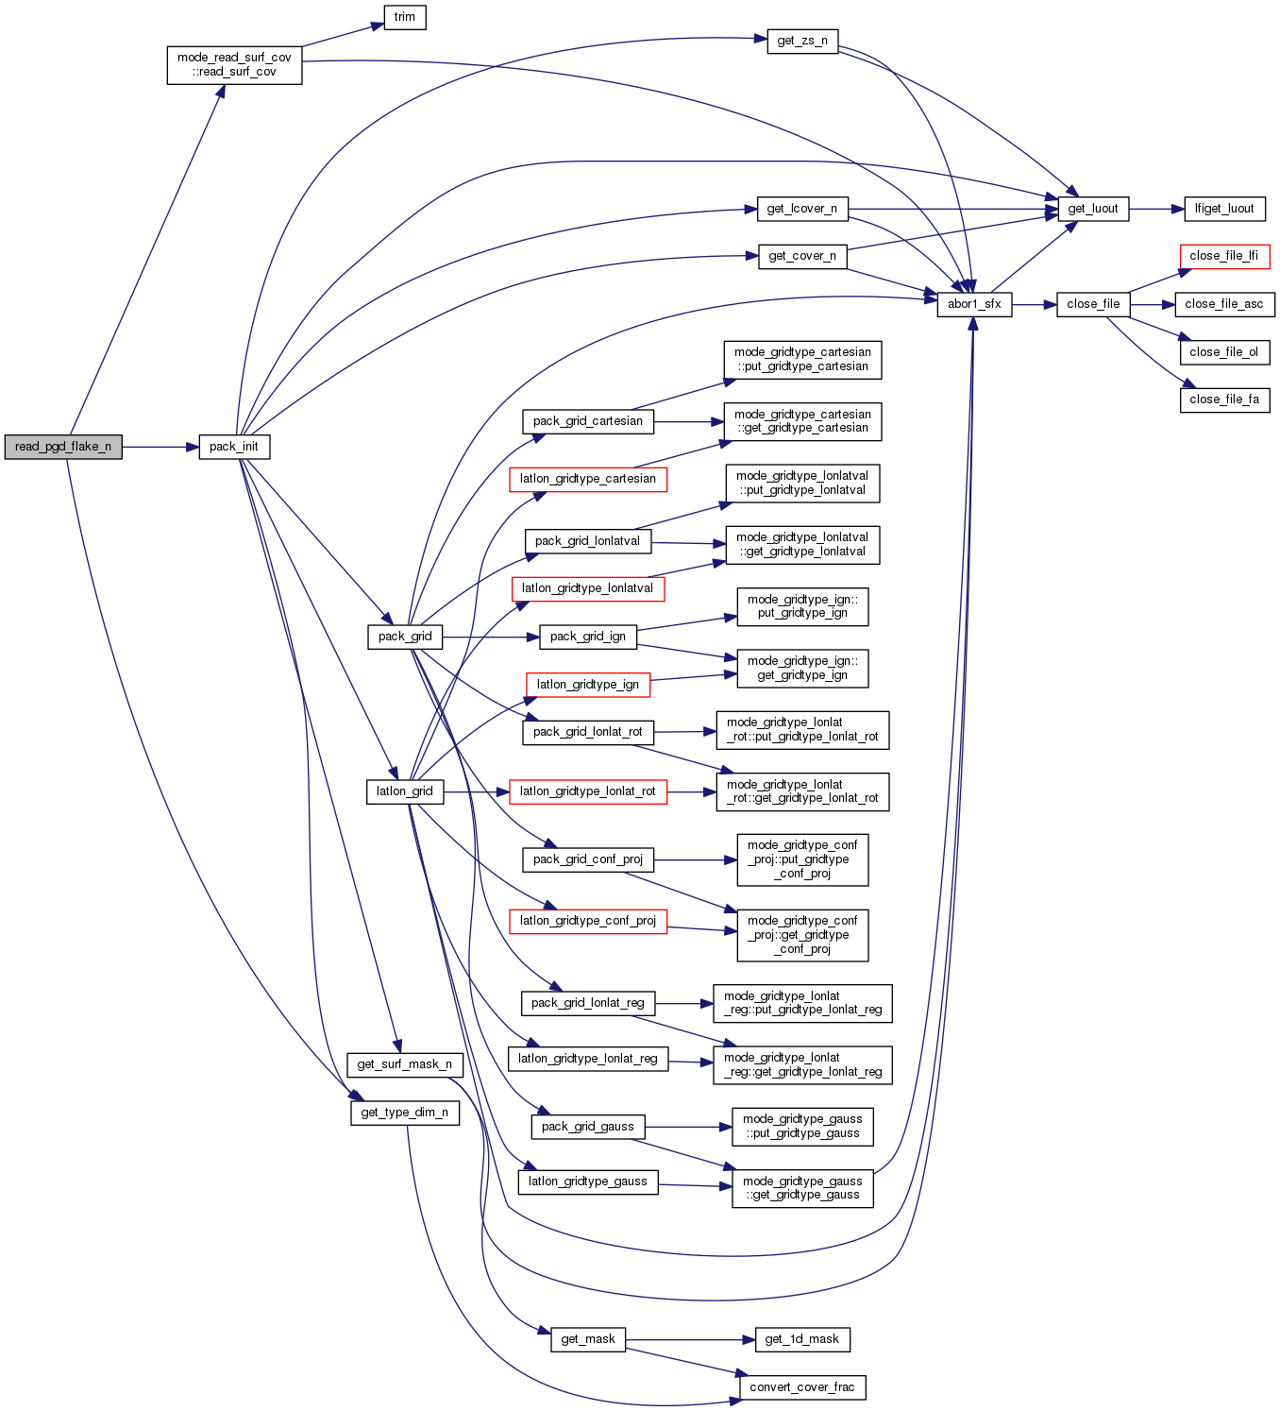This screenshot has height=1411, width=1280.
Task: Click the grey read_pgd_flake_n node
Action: (63, 447)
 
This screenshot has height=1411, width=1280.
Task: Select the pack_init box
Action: (234, 447)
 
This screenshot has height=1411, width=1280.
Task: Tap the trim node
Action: (405, 17)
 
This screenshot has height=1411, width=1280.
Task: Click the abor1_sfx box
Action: (974, 304)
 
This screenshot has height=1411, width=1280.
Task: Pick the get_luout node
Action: (1093, 209)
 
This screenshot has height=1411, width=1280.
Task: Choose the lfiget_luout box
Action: (1224, 209)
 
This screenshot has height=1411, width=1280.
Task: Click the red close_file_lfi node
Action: (1224, 256)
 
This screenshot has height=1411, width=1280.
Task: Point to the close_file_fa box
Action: (1224, 399)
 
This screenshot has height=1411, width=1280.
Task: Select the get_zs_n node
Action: (802, 42)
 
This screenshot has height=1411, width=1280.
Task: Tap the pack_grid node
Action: (405, 637)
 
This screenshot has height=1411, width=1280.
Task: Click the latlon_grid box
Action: (405, 791)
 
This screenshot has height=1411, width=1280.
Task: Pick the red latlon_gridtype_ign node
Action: (588, 685)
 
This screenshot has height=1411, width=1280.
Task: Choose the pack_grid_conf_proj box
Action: (588, 859)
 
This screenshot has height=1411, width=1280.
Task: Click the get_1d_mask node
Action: (802, 1339)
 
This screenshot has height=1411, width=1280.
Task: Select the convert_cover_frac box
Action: (802, 1387)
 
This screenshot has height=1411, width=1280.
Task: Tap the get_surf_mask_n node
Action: (405, 1064)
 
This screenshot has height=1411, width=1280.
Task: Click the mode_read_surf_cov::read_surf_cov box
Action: (234, 64)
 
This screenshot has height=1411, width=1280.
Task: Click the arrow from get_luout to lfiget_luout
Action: (1156, 209)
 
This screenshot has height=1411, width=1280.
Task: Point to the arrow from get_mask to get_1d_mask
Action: (690, 1339)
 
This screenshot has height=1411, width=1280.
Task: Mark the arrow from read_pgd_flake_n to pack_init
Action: (160, 447)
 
